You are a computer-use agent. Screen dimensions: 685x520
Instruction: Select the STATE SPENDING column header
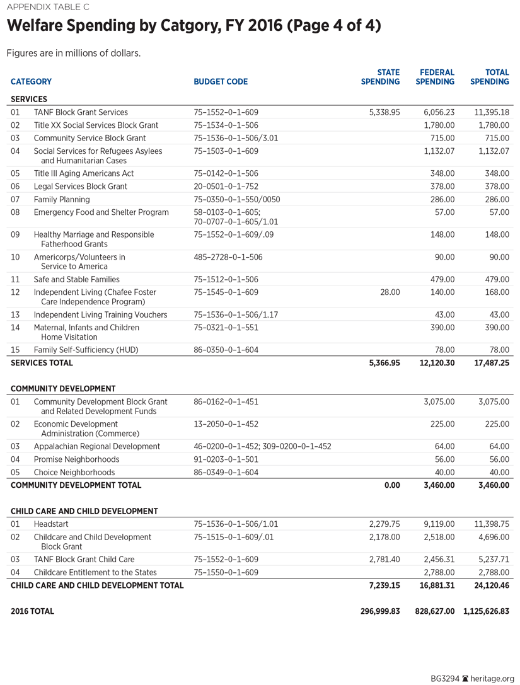tap(380, 77)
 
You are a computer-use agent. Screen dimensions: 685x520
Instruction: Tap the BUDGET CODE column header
tap(221, 81)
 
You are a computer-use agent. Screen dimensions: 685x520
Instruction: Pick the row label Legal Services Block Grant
tap(81, 187)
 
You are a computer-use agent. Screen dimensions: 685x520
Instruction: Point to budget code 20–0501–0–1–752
tap(226, 187)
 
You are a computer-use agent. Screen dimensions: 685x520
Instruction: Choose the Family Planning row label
tap(62, 199)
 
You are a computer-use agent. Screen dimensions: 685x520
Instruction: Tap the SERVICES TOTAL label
tap(42, 363)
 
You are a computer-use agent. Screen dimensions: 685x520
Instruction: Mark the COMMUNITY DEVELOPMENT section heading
tap(63, 389)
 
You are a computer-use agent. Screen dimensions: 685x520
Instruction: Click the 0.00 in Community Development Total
tap(392, 485)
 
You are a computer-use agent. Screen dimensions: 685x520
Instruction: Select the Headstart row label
tap(51, 524)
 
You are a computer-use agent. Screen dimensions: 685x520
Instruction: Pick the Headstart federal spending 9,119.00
tap(438, 524)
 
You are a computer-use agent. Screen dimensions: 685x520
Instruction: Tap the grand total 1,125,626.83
tap(486, 611)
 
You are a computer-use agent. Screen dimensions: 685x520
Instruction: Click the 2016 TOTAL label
tap(32, 611)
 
